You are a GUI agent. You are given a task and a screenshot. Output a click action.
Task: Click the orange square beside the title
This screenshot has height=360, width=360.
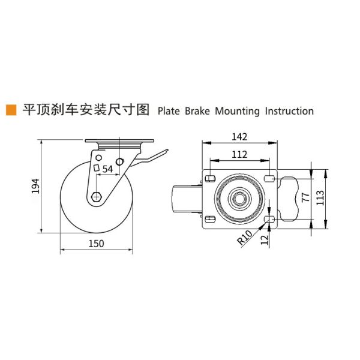point(10,110)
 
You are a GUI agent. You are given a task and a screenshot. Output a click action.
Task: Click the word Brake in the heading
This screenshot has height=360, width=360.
point(197,111)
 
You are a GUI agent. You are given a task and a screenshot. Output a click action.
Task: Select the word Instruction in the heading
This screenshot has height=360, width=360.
point(289,111)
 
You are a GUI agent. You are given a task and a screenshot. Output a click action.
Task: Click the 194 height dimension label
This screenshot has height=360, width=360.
point(35,187)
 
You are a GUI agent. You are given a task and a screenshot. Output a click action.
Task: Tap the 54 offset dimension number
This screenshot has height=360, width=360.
point(107,169)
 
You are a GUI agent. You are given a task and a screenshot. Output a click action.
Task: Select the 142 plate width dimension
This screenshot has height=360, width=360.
point(239,136)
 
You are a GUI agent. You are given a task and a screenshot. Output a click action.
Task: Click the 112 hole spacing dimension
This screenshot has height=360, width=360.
point(239,154)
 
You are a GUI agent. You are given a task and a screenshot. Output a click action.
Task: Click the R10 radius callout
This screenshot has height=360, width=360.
point(244,238)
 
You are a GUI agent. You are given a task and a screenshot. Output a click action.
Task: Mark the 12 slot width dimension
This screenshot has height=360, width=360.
point(265,239)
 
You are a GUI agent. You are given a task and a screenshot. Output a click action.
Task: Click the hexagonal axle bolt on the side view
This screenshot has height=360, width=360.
point(97,196)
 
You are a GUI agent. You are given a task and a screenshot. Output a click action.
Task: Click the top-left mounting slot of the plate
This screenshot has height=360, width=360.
point(211,178)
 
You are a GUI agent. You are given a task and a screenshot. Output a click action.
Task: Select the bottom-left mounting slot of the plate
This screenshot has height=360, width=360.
point(211,218)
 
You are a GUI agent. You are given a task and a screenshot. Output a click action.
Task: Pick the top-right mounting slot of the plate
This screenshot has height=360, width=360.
point(269,178)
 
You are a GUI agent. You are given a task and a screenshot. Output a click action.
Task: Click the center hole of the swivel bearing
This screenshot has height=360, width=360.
point(239,198)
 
